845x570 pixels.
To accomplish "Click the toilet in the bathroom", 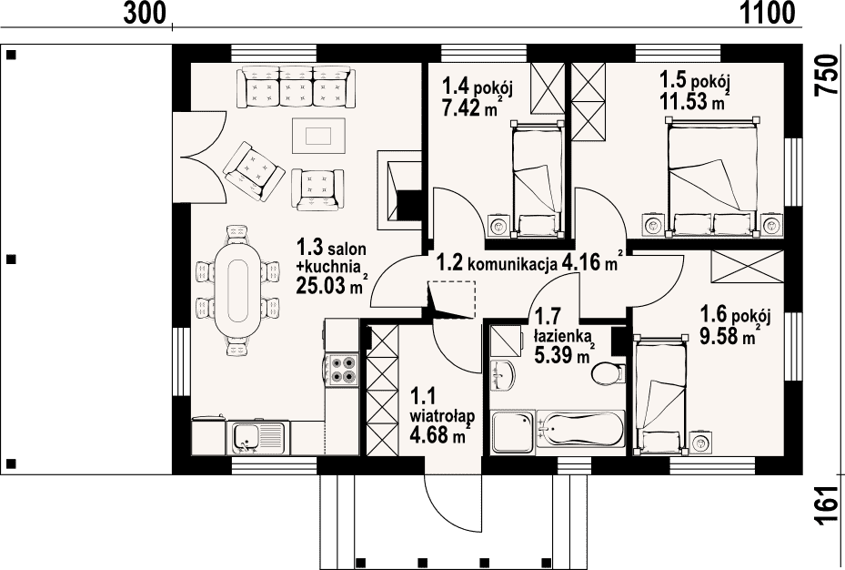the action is tap(608, 372).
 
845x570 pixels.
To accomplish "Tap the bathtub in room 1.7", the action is tap(580, 429).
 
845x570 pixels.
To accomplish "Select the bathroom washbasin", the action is tap(503, 373).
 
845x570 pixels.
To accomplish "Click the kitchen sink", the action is tap(258, 437).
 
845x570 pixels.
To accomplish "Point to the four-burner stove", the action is tap(342, 370).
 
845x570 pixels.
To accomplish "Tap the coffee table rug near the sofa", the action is tap(318, 136).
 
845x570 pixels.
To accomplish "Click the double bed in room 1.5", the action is tap(710, 177).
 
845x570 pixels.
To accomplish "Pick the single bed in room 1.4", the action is tap(537, 179).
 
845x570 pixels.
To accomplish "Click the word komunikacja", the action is tap(511, 265).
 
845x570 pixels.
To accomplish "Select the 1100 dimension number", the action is tap(768, 13).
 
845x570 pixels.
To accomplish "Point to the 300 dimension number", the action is tap(145, 13).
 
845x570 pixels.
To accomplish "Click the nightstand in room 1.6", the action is tap(701, 443).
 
